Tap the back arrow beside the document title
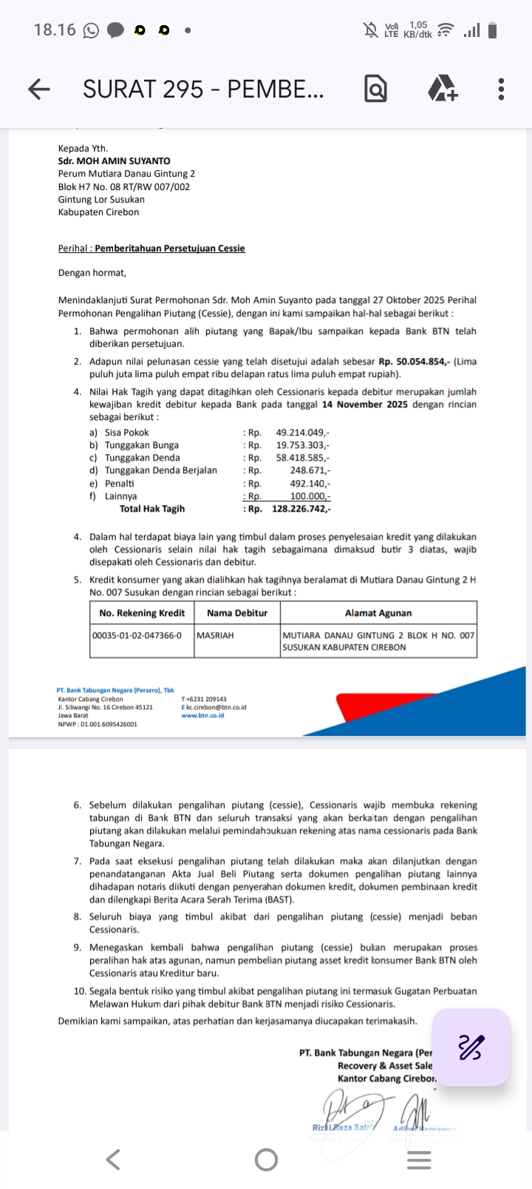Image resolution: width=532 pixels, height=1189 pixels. [39, 89]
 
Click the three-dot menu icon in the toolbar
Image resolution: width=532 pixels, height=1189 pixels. [501, 89]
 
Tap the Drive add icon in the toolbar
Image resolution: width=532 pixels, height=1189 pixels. [443, 89]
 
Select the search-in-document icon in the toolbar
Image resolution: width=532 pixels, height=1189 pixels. [375, 89]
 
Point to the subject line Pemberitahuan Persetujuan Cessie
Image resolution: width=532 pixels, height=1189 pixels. [170, 248]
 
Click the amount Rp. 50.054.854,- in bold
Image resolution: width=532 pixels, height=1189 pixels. [415, 362]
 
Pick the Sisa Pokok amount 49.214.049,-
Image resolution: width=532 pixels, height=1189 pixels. [303, 433]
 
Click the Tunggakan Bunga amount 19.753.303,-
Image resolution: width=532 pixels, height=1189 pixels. [303, 445]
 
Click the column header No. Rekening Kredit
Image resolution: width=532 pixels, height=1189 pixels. [142, 613]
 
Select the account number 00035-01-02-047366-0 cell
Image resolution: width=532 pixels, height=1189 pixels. [137, 634]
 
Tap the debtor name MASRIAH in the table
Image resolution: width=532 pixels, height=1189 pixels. [215, 634]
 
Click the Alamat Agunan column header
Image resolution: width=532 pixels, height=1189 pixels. [378, 613]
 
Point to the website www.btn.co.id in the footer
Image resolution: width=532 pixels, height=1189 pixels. [202, 716]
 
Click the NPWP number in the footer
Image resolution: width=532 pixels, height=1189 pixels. [98, 724]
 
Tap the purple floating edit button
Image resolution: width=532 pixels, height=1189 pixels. [471, 1047]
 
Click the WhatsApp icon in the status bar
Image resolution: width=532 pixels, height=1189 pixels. [91, 30]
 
